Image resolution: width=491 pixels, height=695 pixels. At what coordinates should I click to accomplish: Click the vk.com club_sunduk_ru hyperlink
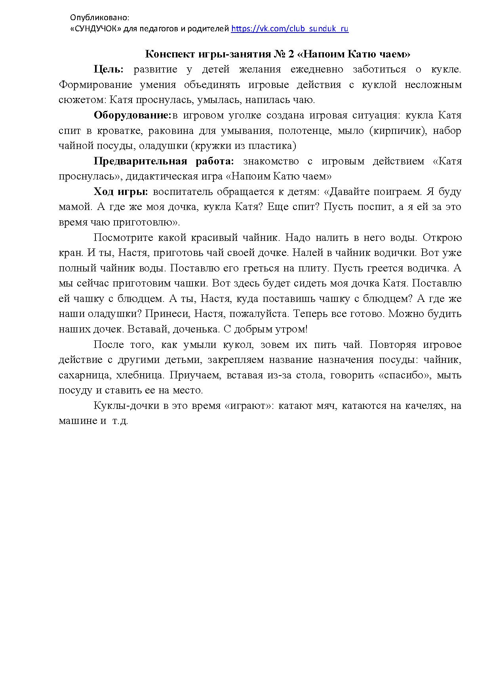289,29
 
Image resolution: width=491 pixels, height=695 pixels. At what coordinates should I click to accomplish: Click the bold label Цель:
108,69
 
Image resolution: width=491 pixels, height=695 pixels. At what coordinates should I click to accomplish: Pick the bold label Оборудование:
132,115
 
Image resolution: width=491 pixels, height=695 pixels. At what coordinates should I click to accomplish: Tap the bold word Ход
104,192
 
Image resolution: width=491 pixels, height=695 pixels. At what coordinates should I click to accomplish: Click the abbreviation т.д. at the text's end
120,421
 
